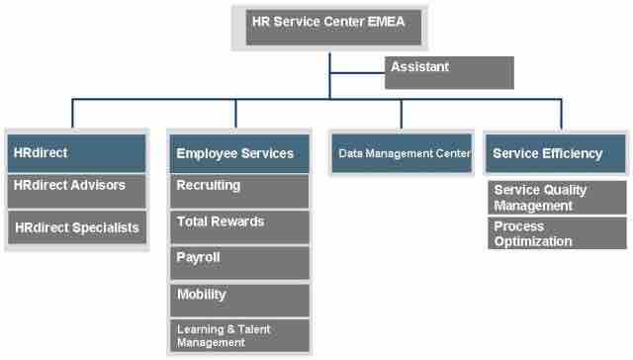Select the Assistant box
[x=449, y=72]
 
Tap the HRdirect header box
[x=77, y=153]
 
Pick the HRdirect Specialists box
[x=77, y=227]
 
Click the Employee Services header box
[x=238, y=153]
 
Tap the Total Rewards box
[x=238, y=226]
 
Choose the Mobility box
[x=238, y=300]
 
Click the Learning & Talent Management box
[x=238, y=335]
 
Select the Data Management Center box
[x=401, y=153]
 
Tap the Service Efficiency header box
[x=556, y=153]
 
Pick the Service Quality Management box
[x=557, y=198]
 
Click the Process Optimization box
[x=557, y=234]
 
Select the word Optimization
[x=533, y=241]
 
